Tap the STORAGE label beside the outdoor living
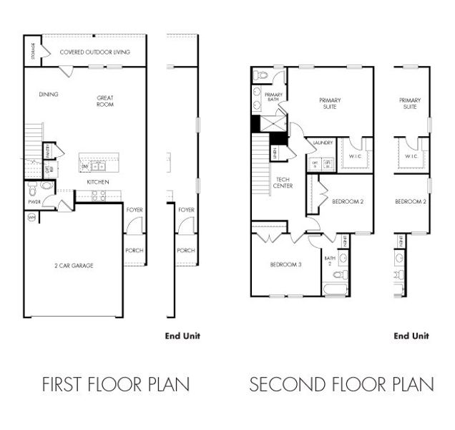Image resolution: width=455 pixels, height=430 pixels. pos(34,52)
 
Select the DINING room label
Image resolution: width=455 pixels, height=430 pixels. pos(49,95)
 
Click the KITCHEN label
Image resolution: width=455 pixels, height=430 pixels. pos(98,182)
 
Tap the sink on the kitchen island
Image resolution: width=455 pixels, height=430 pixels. pos(98,166)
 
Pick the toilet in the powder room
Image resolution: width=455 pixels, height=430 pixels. pos(47,186)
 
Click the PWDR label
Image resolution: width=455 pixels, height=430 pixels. pos(33,202)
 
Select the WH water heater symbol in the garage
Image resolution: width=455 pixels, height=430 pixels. pos(31,218)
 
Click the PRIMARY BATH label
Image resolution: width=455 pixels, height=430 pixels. pos(274,98)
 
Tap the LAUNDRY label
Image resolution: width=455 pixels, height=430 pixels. pos(323,143)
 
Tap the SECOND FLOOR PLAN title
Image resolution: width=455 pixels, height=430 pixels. pos(341,385)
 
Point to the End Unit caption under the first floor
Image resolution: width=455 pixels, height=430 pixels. pos(182,335)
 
